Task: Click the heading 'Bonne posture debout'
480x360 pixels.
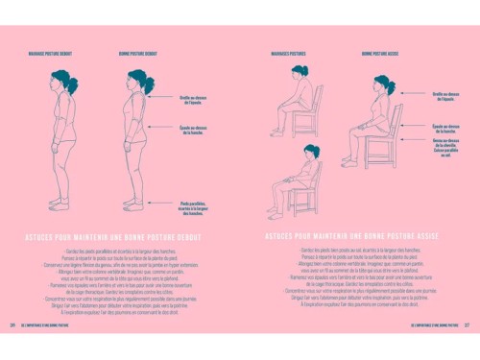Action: tap(132, 55)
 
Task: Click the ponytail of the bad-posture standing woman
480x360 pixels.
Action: tap(76, 86)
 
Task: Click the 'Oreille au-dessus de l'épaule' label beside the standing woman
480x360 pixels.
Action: tap(192, 99)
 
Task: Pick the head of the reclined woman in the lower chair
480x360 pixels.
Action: tap(311, 152)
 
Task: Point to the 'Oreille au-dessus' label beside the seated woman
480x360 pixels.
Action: tap(445, 96)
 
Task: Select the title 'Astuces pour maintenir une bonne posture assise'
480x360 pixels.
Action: tap(352, 234)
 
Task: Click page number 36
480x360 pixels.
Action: tap(12, 350)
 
